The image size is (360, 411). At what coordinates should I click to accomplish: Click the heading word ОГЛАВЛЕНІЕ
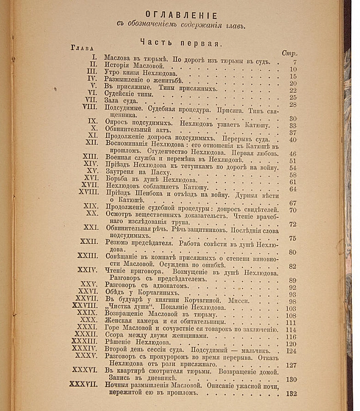181,15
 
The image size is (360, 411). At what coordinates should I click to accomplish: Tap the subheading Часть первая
180,43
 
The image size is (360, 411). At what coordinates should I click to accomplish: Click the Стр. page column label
288,53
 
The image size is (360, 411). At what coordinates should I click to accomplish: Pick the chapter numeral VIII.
90,108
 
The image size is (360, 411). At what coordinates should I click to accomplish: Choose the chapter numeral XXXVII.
84,384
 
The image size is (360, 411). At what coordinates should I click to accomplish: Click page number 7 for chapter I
294,62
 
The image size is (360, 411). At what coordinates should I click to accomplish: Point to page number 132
291,394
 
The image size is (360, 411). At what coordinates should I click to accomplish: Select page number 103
290,308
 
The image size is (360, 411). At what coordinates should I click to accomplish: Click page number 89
292,280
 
